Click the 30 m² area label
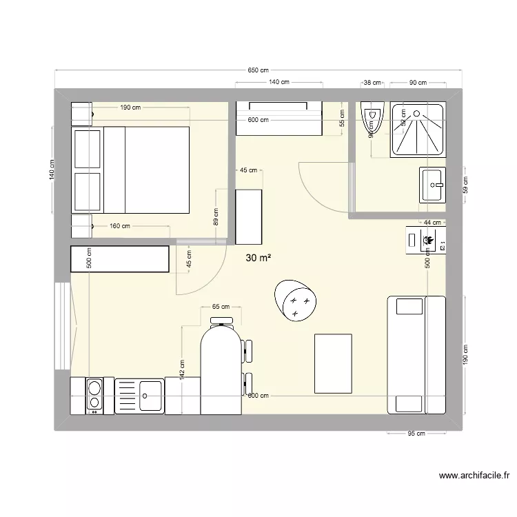258,258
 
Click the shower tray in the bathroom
418,129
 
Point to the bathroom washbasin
433,185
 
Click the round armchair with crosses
296,300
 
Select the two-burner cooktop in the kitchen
94,396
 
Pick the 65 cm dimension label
221,306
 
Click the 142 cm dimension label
181,369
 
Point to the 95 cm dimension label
417,434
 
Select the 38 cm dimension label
372,83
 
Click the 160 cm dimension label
120,225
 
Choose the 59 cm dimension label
465,185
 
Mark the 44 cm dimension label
432,222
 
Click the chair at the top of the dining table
221,319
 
